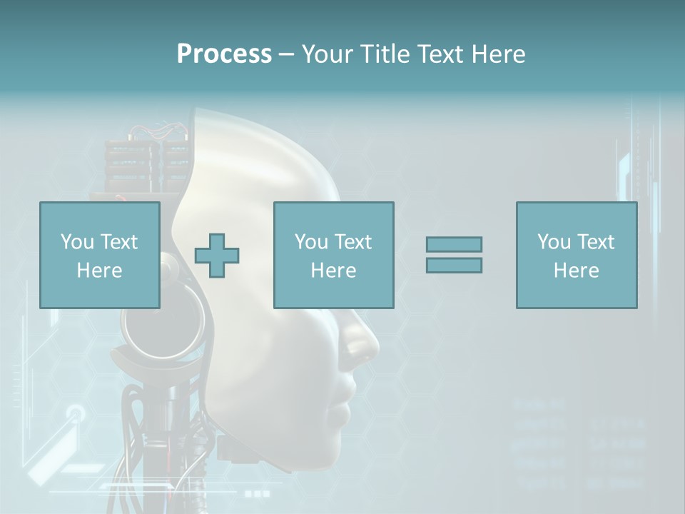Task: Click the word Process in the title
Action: coord(224,54)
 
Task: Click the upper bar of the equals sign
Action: coord(454,244)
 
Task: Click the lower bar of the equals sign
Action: coord(454,265)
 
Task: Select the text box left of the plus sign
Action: coord(100,255)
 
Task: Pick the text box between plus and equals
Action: coord(333,255)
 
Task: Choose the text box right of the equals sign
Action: coord(576,255)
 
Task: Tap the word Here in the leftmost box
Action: coord(100,271)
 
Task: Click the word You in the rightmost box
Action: coord(553,242)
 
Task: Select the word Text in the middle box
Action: coord(353,242)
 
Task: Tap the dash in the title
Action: coord(286,54)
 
